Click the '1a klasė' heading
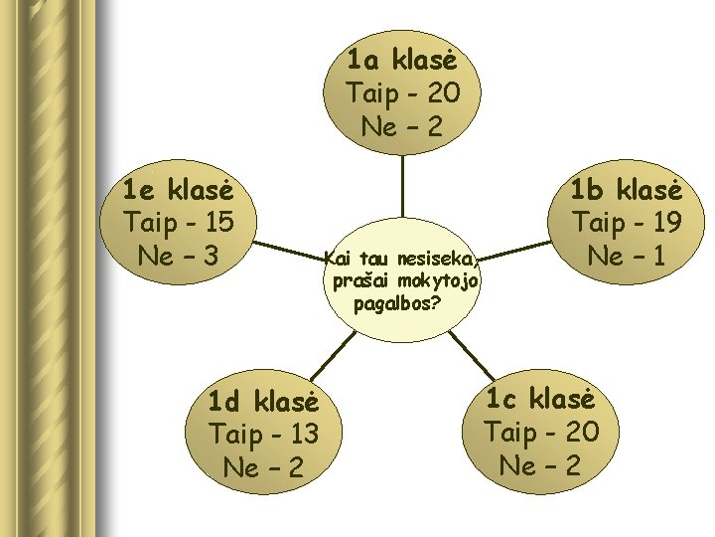point(402,61)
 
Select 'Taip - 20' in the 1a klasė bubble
point(402,93)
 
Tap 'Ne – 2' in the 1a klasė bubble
point(402,126)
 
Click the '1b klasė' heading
point(627,190)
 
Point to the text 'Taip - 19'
point(627,223)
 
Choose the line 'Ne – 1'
point(627,256)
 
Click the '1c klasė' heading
point(540,400)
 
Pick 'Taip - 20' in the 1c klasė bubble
point(540,432)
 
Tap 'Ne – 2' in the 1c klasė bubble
point(540,464)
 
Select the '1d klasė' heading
point(263,402)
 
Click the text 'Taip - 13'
point(263,434)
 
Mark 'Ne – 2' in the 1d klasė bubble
point(263,466)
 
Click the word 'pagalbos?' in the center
point(397,303)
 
